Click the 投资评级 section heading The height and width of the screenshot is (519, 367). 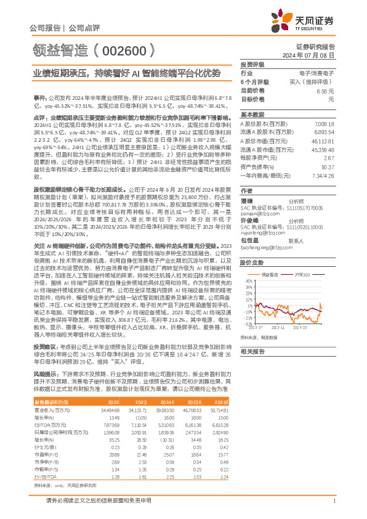[x=252, y=64]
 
